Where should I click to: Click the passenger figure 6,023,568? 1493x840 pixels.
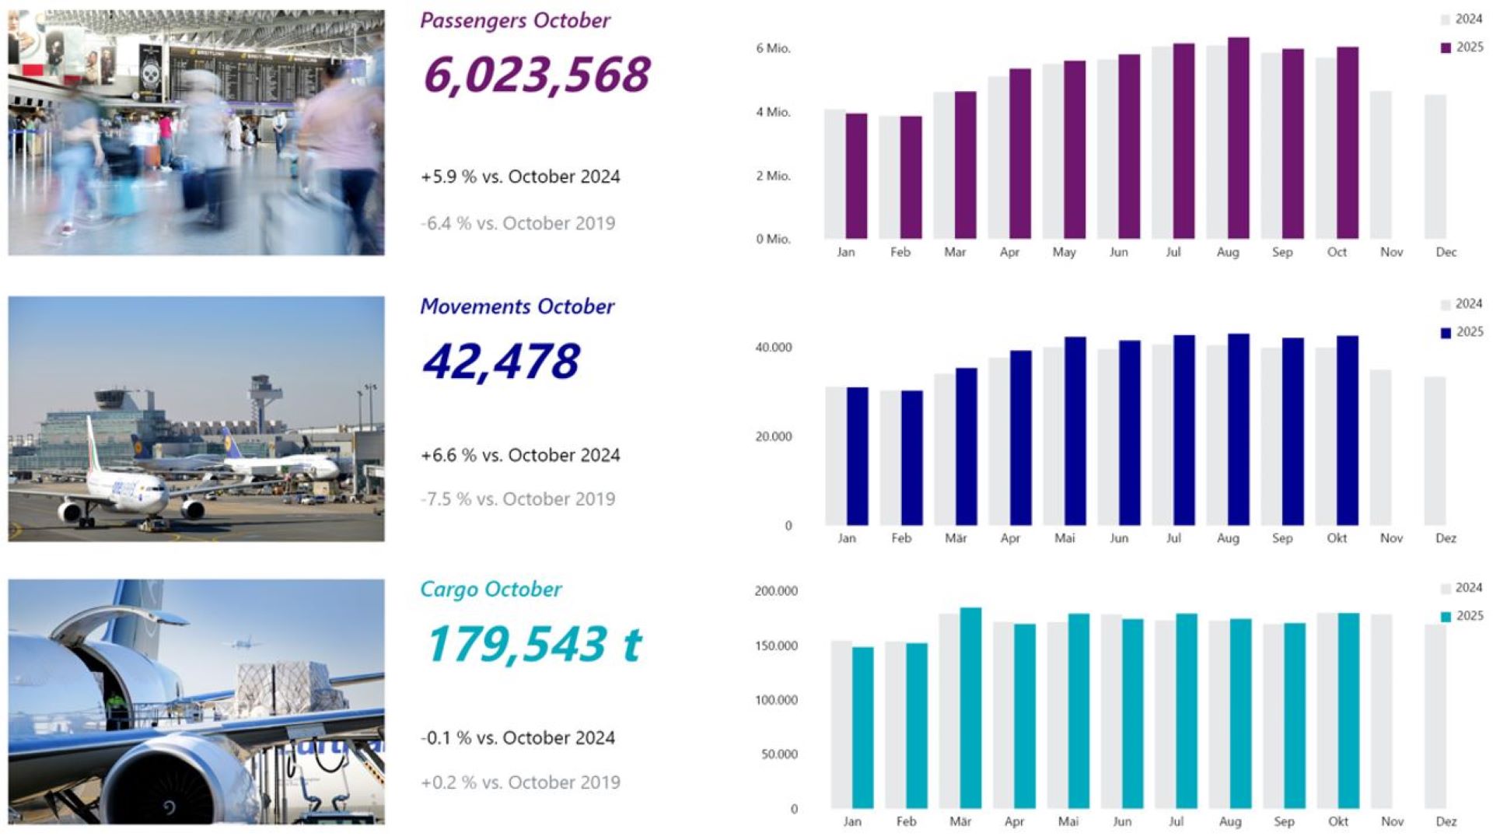click(x=537, y=75)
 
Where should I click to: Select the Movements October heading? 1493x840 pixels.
click(x=517, y=306)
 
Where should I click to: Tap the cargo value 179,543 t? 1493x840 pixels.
click(x=534, y=644)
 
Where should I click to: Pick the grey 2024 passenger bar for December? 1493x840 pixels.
click(x=1435, y=166)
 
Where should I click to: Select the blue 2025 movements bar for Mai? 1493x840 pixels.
click(x=1075, y=431)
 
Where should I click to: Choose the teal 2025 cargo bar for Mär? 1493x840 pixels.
click(x=970, y=708)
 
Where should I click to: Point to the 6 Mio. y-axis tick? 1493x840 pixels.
click(x=773, y=48)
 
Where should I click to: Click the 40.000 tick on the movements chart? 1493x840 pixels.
click(x=773, y=348)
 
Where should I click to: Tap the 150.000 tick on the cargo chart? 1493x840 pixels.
click(x=775, y=646)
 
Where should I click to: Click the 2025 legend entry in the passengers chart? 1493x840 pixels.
click(x=1462, y=47)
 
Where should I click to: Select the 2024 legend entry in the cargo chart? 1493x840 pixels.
click(x=1462, y=588)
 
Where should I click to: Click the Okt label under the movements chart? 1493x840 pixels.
click(x=1337, y=538)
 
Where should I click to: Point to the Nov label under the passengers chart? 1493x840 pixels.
click(x=1391, y=252)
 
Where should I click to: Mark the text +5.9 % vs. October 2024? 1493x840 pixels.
click(x=520, y=177)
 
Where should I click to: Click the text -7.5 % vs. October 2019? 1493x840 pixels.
click(x=517, y=499)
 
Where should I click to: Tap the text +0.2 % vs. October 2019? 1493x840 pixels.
click(x=520, y=782)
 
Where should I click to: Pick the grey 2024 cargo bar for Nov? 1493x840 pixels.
click(x=1381, y=711)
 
